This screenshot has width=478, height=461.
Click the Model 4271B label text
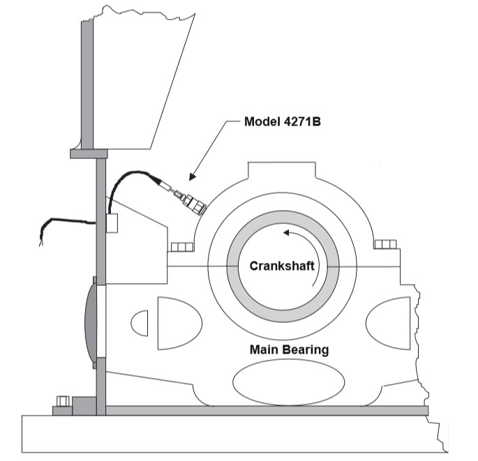point(286,121)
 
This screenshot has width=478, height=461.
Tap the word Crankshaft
point(283,266)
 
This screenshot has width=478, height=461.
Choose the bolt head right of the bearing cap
point(384,245)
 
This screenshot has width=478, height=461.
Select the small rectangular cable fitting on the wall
point(111,222)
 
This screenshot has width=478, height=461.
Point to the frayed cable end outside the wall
point(43,236)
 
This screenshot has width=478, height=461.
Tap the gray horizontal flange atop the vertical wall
point(88,153)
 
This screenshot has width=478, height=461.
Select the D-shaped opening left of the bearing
point(178,323)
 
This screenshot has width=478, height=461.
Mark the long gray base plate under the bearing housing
point(265,410)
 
